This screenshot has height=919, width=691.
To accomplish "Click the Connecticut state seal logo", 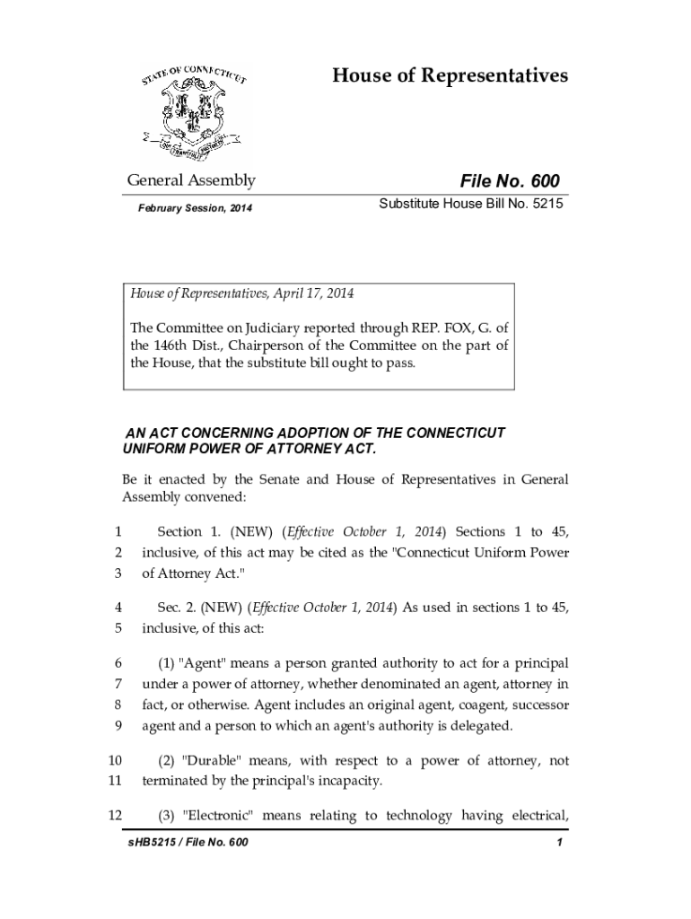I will (197, 109).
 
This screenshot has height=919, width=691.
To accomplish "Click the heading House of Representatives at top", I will (450, 75).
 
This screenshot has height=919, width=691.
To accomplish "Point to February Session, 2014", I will (195, 209).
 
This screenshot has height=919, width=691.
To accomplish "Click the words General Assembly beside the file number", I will (190, 180).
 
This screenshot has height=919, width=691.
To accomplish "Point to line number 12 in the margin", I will (114, 815).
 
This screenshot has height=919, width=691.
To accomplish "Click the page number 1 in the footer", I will (559, 844).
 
